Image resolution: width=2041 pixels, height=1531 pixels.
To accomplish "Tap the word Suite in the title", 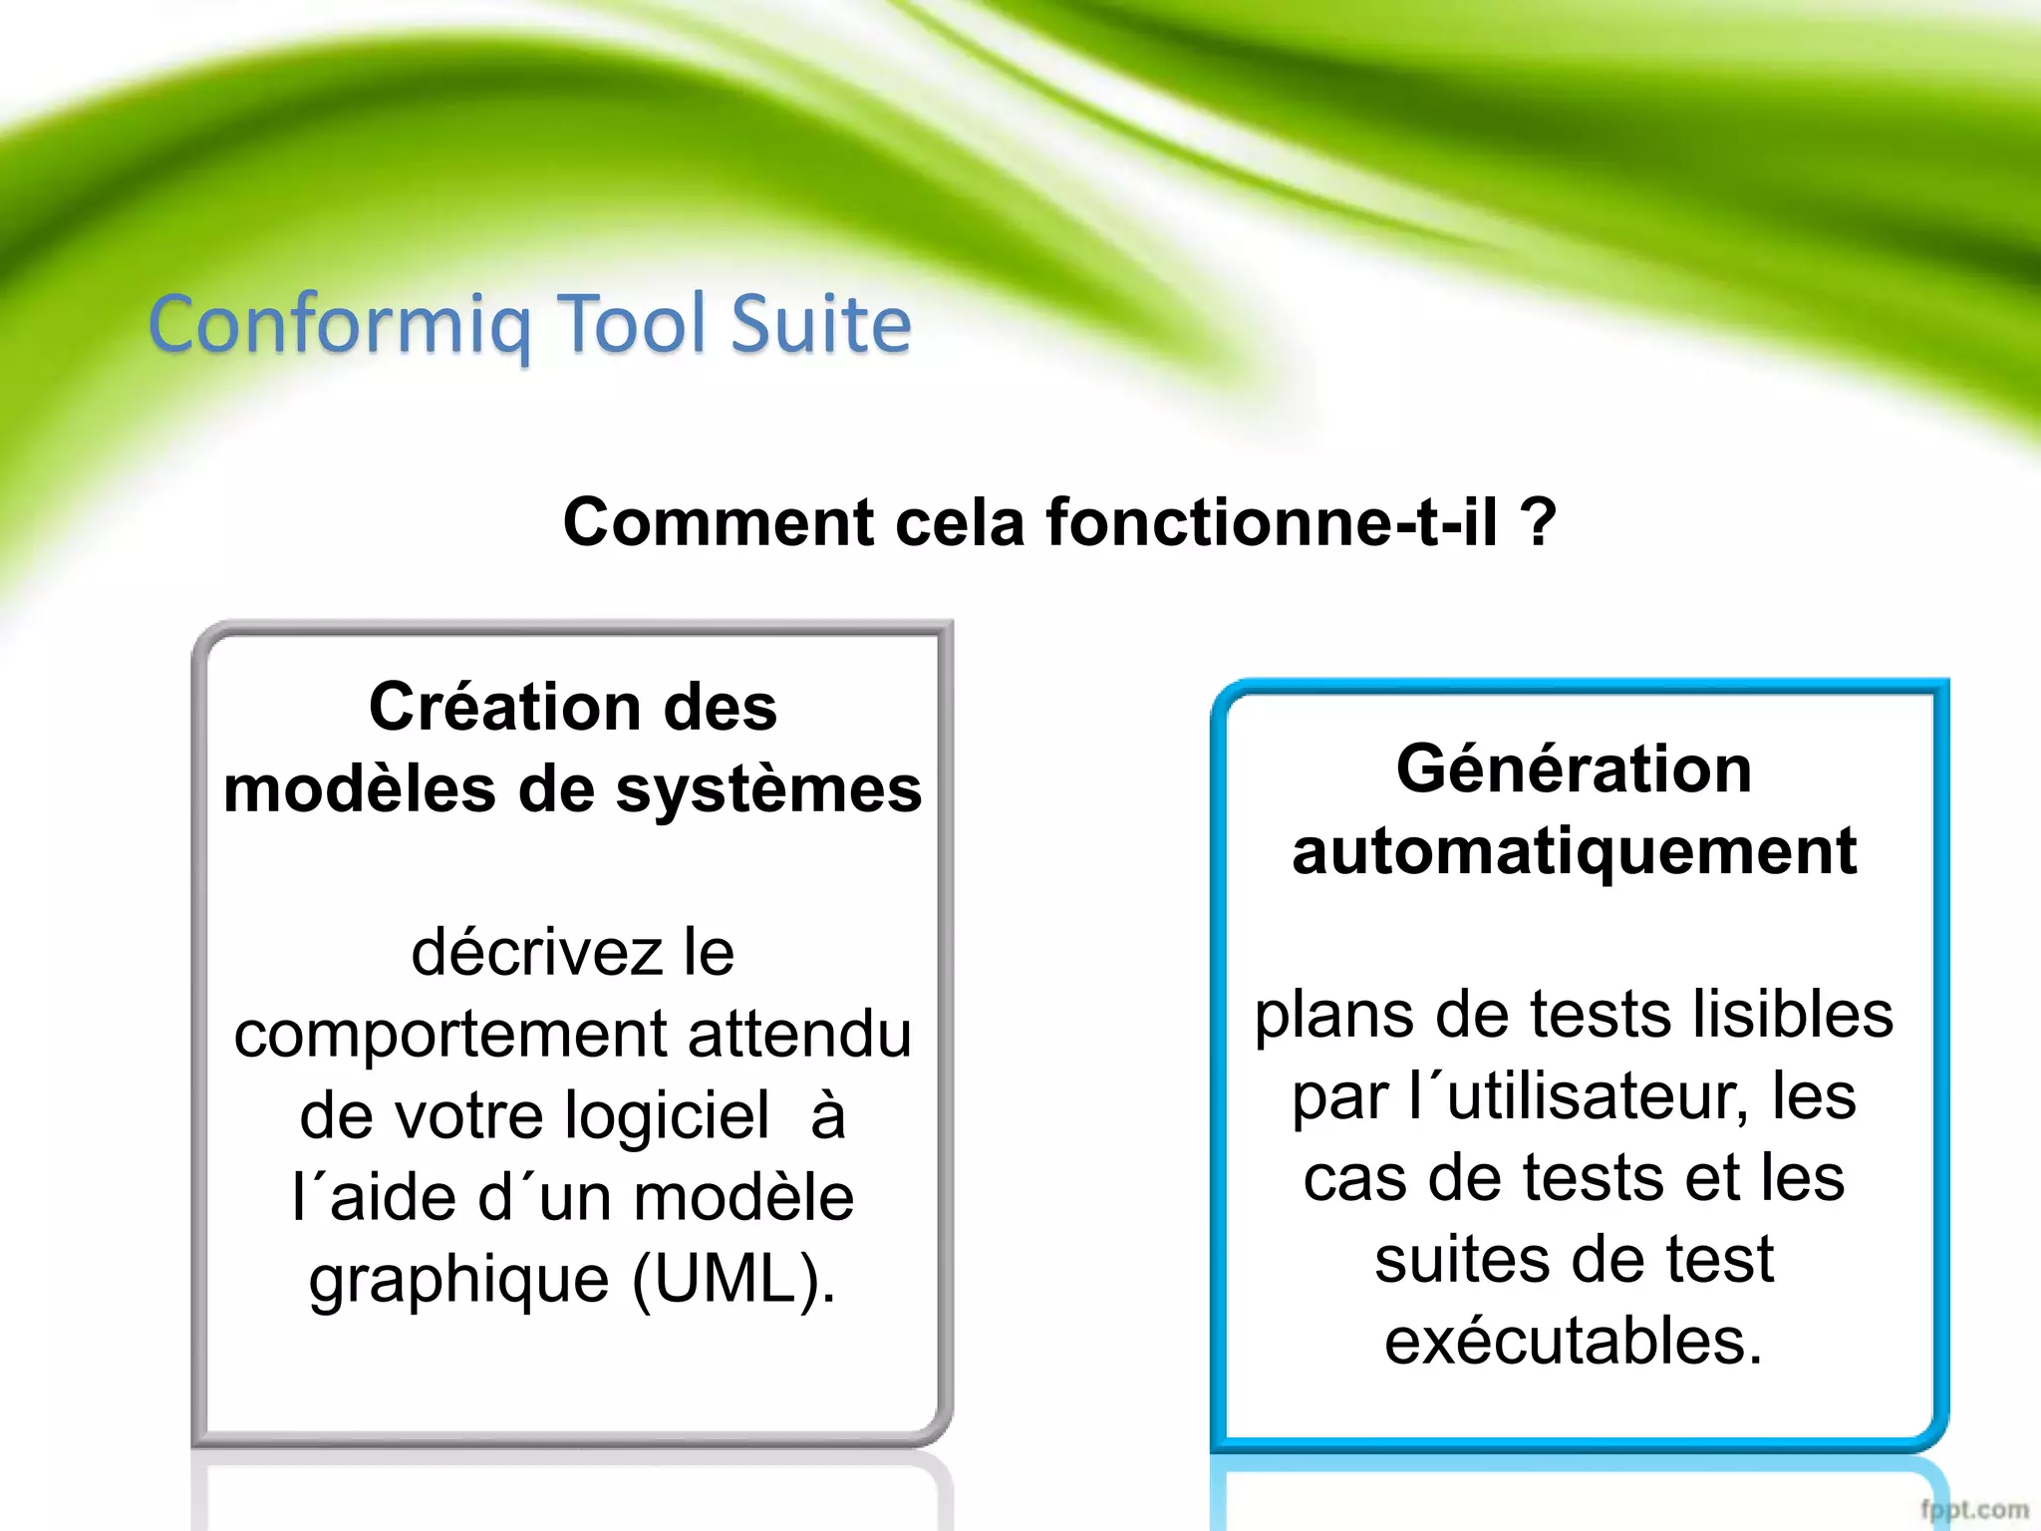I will point(821,324).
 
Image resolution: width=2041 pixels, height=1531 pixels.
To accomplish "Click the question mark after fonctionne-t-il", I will point(1539,522).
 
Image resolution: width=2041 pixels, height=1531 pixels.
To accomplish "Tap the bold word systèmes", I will point(768,789).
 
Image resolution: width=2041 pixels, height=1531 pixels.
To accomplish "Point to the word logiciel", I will point(667,1114).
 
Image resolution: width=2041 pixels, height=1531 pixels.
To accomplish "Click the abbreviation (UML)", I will point(733,1279).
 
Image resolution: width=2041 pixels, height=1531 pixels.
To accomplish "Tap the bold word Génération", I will point(1574,768).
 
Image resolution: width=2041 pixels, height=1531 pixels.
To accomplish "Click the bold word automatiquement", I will point(1574,851).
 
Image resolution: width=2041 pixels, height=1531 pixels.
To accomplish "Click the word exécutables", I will point(1574,1341).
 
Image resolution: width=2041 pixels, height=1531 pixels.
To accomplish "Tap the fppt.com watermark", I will point(1974,1509).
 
